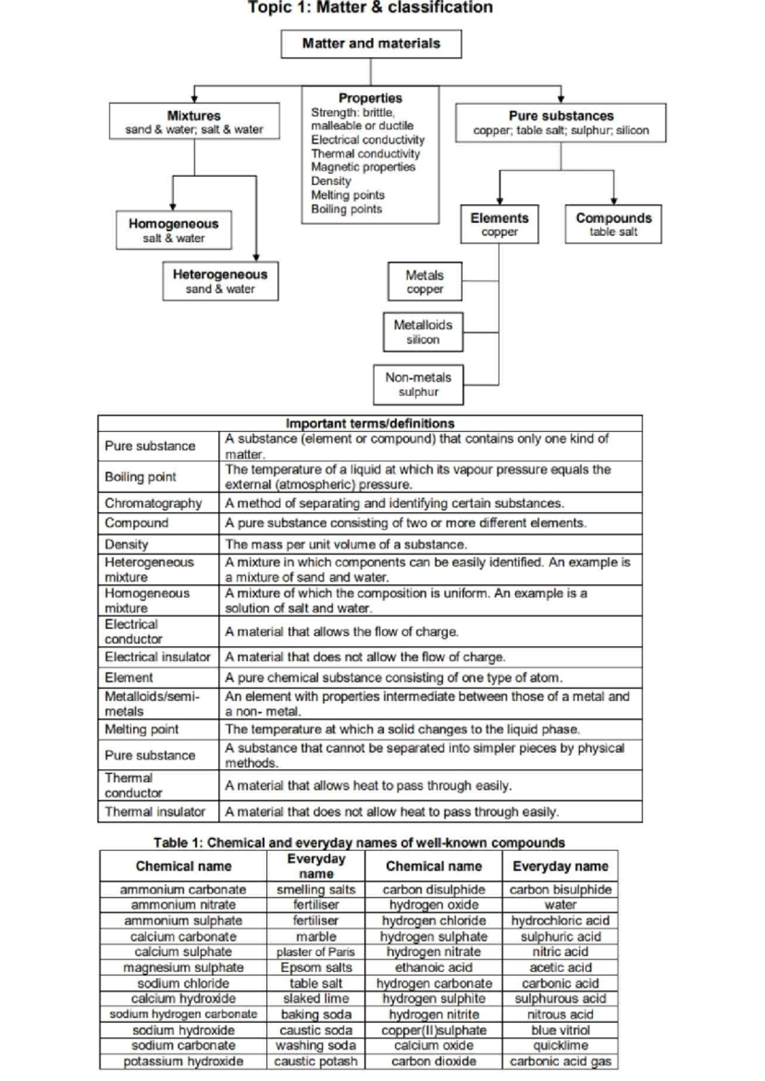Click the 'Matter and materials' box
[x=371, y=43]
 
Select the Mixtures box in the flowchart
[x=194, y=121]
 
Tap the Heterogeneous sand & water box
[x=220, y=281]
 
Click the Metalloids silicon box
[x=423, y=331]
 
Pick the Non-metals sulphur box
[x=418, y=384]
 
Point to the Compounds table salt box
[x=613, y=224]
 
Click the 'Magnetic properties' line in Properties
[x=363, y=167]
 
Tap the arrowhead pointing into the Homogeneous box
[x=173, y=207]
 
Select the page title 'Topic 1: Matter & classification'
[x=370, y=8]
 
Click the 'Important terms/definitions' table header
[x=370, y=423]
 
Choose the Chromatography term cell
[x=153, y=503]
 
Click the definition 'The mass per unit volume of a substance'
[x=346, y=544]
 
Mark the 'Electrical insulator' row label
[x=157, y=657]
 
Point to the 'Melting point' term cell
[x=142, y=729]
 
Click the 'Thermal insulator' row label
[x=155, y=811]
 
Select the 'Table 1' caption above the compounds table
[x=359, y=843]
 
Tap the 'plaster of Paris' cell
[x=316, y=952]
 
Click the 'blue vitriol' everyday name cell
[x=560, y=1030]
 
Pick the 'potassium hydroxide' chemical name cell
[x=183, y=1061]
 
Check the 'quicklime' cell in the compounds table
[x=560, y=1045]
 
